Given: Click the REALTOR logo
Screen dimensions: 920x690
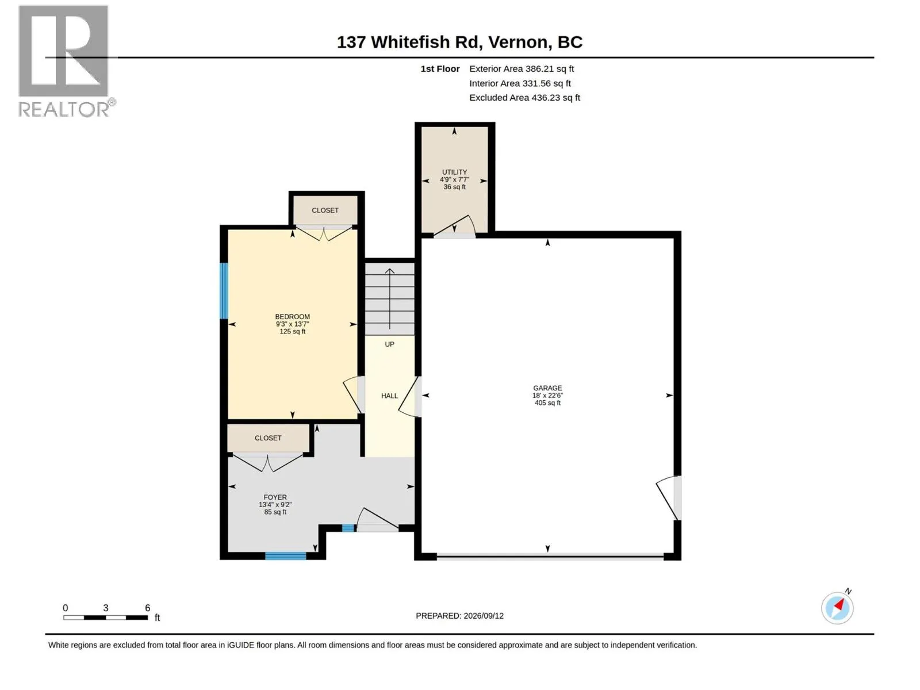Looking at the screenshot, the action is tap(66, 61).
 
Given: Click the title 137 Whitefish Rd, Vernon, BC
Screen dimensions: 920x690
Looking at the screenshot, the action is tap(459, 42).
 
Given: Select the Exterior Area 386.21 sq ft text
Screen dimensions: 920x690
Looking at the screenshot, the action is tap(522, 68).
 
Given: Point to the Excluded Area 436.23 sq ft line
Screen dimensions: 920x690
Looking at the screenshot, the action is tap(524, 98).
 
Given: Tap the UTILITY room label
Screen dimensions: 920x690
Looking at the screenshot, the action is tap(454, 172).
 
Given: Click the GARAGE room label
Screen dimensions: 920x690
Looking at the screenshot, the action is tap(547, 388).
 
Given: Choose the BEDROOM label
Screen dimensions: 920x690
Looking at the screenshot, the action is tap(292, 317).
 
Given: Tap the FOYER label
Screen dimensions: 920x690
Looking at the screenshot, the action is tap(275, 497).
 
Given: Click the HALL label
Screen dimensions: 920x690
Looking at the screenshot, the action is tap(389, 396).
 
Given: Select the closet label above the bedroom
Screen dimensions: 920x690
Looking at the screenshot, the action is tap(325, 210).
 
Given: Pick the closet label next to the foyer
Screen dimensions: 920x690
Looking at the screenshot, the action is tap(268, 438).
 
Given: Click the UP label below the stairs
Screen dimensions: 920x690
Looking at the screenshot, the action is tap(389, 344).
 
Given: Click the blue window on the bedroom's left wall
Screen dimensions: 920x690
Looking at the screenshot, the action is tap(224, 291).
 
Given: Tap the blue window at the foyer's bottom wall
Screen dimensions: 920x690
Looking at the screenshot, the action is tap(285, 556).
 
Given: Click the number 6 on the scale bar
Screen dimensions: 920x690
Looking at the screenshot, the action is tap(148, 607).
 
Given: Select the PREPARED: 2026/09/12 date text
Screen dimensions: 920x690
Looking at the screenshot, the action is tap(459, 616).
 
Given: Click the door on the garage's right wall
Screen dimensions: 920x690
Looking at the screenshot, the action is tap(669, 498).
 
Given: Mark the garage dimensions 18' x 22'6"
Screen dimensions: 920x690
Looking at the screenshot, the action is tap(547, 396).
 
